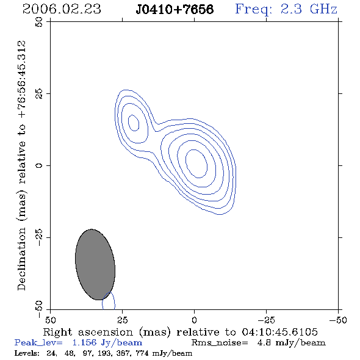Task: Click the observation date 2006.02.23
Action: (62, 9)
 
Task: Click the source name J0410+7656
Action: (175, 9)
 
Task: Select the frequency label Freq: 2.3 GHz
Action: (286, 9)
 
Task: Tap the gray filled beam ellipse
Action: (95, 264)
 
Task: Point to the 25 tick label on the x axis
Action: (122, 320)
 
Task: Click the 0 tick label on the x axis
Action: (194, 320)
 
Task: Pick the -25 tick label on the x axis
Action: (266, 320)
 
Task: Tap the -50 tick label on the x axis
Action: (338, 320)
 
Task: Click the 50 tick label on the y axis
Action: (39, 22)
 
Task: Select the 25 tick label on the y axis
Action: (39, 93)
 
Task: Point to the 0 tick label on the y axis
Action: (39, 165)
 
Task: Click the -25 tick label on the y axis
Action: (39, 237)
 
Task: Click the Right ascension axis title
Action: (181, 332)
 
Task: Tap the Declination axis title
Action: (22, 165)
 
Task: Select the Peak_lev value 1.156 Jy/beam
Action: (107, 343)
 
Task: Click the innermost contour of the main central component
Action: (207, 167)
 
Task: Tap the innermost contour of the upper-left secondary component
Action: (139, 124)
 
